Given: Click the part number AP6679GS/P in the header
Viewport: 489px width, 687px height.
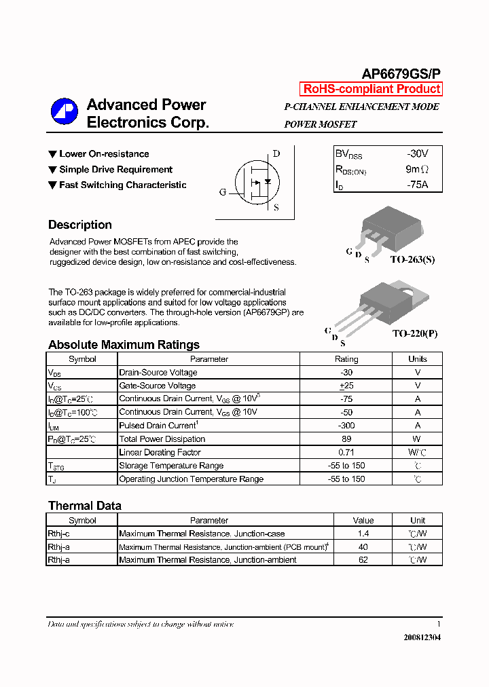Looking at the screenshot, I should (400, 75).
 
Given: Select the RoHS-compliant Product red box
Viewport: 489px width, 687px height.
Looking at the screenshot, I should (372, 89).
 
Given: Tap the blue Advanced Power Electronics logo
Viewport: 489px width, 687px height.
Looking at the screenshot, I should (65, 112).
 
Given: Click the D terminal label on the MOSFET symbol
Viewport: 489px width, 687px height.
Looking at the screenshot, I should (276, 153).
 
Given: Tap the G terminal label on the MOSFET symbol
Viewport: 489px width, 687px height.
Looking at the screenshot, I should (222, 192).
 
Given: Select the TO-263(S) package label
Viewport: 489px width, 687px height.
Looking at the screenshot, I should (412, 260).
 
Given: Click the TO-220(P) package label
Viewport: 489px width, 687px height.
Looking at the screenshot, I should (415, 335).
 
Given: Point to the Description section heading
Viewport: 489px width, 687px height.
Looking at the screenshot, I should (80, 225).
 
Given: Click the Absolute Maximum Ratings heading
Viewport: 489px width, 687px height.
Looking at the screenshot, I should (124, 345).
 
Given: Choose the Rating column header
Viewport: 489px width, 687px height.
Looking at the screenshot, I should (346, 359).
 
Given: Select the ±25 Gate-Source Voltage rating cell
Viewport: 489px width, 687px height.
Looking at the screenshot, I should (346, 386).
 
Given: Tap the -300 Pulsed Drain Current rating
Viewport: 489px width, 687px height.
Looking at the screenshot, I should (346, 426).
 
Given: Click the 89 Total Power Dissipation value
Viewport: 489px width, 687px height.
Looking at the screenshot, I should (346, 439).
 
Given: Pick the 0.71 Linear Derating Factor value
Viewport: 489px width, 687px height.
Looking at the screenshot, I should (346, 452).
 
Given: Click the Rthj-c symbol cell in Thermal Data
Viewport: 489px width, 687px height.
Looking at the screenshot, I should (59, 534).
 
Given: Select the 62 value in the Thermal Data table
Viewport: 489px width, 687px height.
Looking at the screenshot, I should (363, 560).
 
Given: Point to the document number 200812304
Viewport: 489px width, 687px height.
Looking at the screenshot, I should (422, 637).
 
